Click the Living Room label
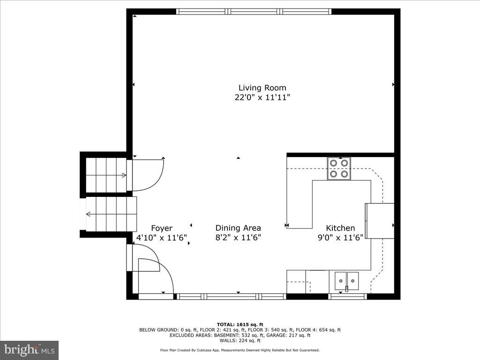click(x=262, y=88)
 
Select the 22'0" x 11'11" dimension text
click(x=262, y=97)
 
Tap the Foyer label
click(x=161, y=228)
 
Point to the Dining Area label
click(x=238, y=228)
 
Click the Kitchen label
click(x=340, y=228)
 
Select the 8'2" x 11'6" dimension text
click(x=238, y=238)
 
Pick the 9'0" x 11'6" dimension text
click(x=340, y=238)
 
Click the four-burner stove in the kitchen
click(x=339, y=169)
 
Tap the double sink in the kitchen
click(x=346, y=281)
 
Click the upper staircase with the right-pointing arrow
click(x=106, y=175)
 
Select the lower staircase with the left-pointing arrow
click(x=111, y=214)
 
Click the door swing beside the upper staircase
click(x=148, y=175)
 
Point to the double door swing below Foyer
click(x=152, y=272)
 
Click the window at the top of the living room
click(x=254, y=12)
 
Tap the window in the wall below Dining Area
click(x=231, y=296)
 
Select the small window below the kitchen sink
click(x=347, y=296)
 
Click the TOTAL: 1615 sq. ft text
click(x=240, y=324)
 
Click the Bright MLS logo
click(x=29, y=350)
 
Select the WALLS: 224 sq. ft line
click(x=240, y=340)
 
